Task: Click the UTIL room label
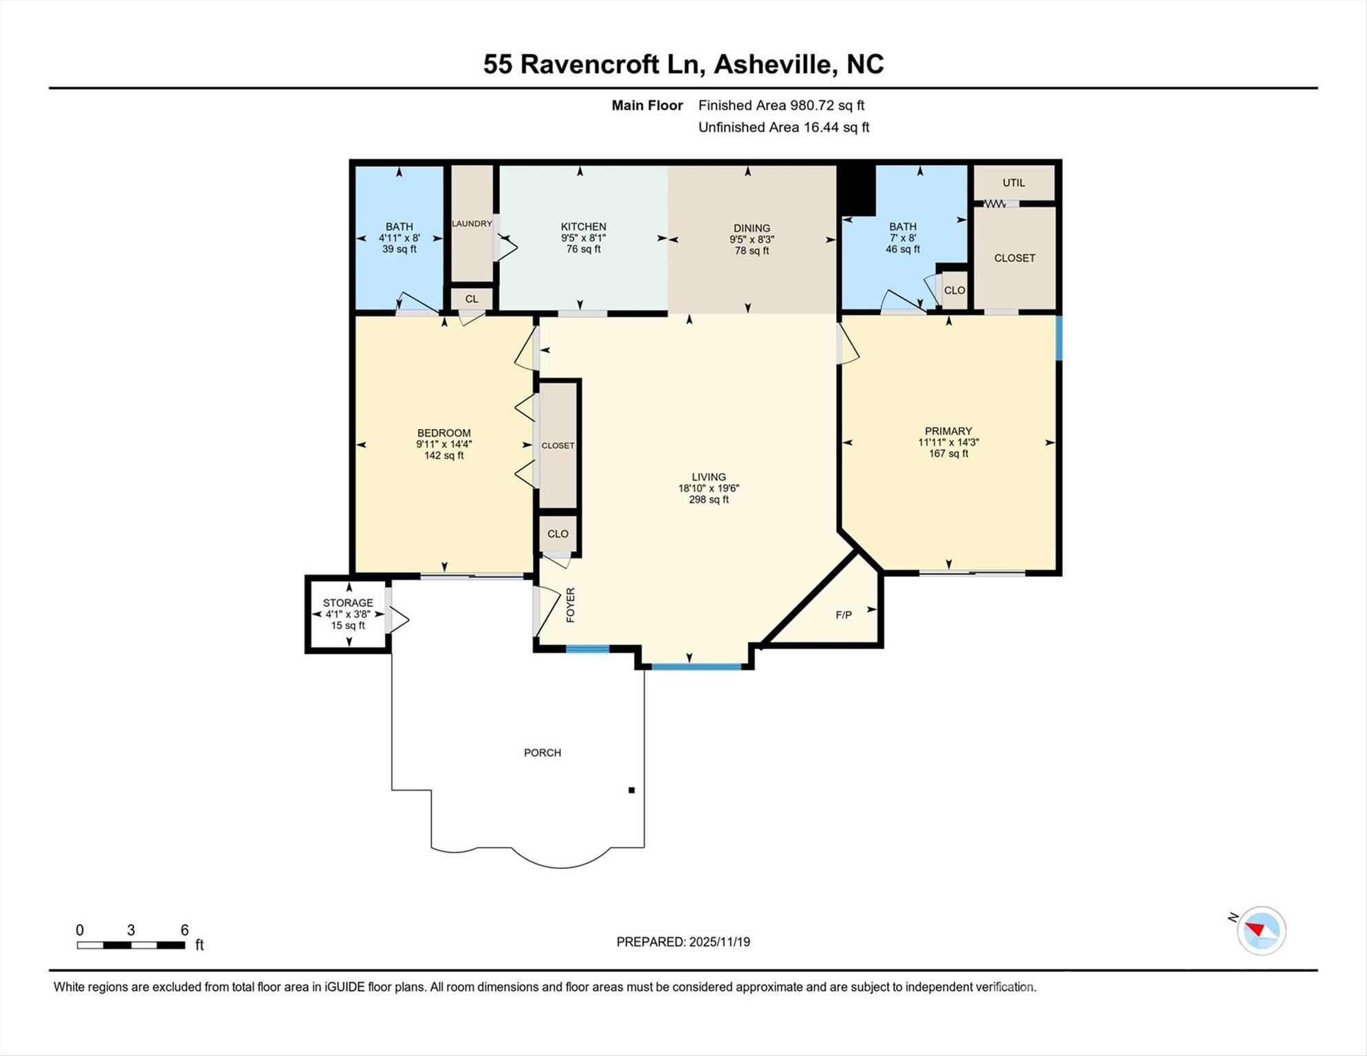coord(1014,183)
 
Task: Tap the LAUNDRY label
coord(472,223)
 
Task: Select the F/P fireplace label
coord(844,615)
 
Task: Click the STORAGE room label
coord(348,603)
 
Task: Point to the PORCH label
coord(543,753)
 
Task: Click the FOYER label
coord(570,605)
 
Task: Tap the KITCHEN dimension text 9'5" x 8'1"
coord(583,238)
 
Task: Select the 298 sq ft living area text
coord(709,500)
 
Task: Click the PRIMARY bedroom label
coord(948,432)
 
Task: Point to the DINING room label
coord(752,228)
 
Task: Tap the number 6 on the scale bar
coord(184,930)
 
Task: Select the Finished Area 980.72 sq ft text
coord(781,105)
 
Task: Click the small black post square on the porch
coord(631,790)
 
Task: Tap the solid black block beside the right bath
coord(856,190)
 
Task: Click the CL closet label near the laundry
coord(472,299)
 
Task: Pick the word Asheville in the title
coord(774,64)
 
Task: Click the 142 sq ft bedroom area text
coord(444,455)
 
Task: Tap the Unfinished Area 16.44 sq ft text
coord(784,127)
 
